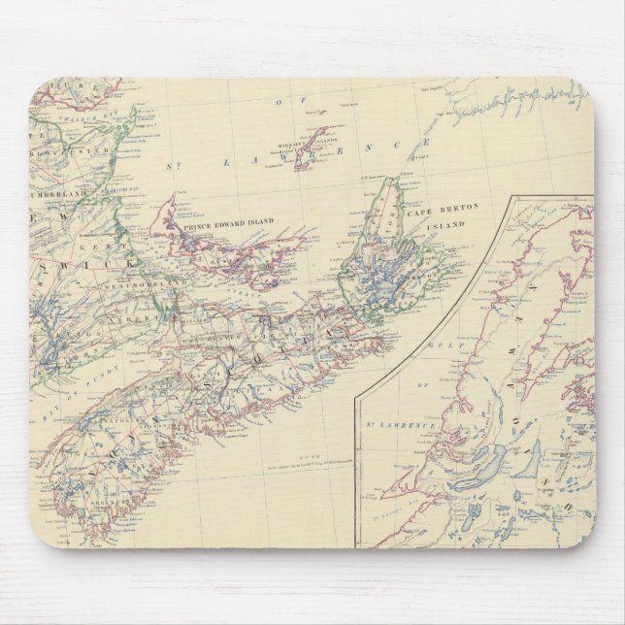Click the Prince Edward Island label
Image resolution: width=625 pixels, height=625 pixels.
click(x=227, y=223)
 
